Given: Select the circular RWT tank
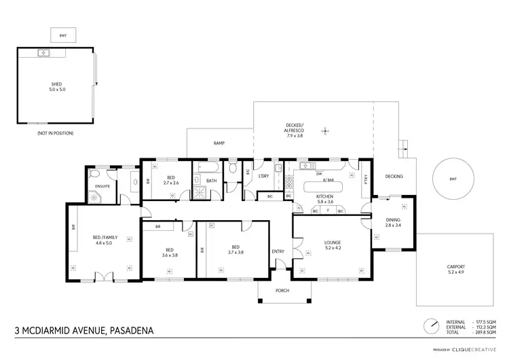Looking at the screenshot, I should point(453,179).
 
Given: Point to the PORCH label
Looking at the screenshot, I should point(282,291).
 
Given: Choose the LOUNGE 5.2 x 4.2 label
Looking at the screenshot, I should point(332,245).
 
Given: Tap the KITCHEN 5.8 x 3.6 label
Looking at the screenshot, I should point(325,199).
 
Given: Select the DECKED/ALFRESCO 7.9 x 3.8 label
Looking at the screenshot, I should point(294,130).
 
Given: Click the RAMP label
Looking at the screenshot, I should point(219,143).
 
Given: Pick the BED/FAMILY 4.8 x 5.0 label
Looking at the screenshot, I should point(105,240).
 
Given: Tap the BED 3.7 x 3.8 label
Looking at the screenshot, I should point(235,249).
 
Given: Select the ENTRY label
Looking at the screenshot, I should point(278,252).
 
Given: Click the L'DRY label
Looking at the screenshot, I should point(265,177).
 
